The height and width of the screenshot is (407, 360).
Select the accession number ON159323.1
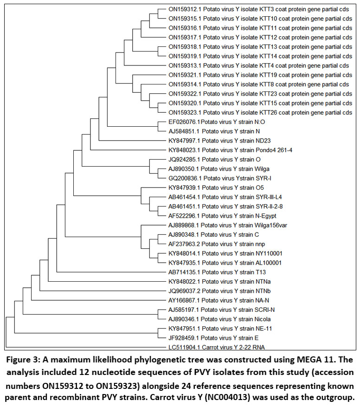[x=185, y=112]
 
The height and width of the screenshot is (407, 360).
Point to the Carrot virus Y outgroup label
[x=213, y=347]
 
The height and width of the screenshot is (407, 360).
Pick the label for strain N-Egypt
[x=220, y=215]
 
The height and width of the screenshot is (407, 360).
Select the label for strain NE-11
[x=220, y=328]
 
